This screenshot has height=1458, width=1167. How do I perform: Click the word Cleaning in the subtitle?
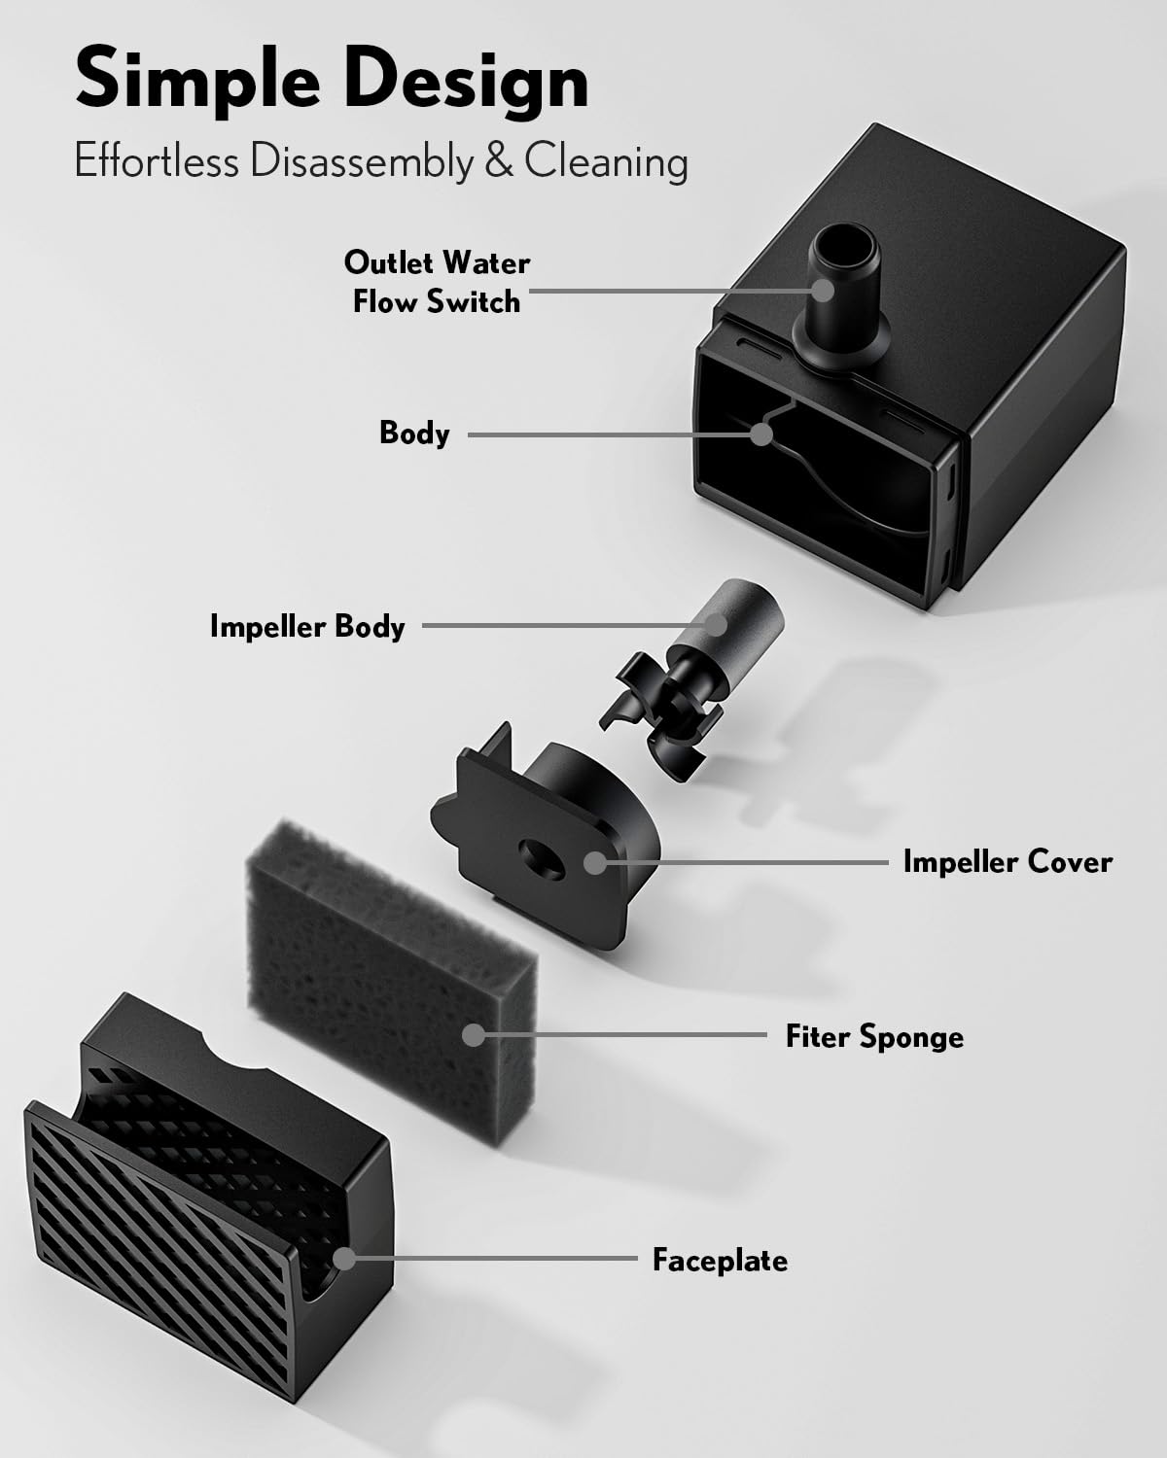tap(606, 162)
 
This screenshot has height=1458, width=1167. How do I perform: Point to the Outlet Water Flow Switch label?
tap(437, 282)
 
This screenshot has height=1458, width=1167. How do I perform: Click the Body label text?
tap(414, 434)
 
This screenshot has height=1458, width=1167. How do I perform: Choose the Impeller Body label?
tap(307, 627)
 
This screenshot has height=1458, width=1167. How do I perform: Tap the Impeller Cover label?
tap(1008, 862)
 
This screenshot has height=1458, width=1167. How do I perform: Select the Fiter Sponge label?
tap(874, 1037)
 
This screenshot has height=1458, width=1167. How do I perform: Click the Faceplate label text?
tap(720, 1261)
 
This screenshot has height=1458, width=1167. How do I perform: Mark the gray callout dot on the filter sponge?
tap(474, 1034)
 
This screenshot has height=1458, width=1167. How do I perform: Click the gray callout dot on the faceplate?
tap(344, 1259)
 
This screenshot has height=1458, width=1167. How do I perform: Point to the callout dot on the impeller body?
tap(715, 625)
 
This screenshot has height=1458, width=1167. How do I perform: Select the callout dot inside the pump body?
tap(761, 434)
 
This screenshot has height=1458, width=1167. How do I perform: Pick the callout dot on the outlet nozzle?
tap(823, 291)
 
